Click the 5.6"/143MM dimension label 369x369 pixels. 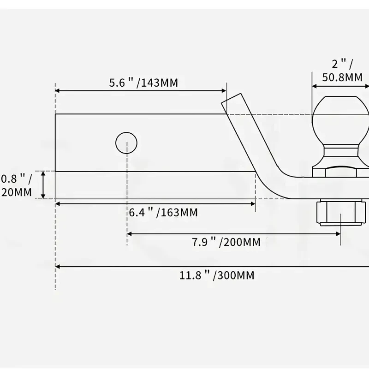(x=143, y=83)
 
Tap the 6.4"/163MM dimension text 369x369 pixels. (x=163, y=213)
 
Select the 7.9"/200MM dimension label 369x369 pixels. (x=226, y=242)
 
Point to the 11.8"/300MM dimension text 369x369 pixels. (x=217, y=276)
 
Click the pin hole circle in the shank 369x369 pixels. (x=127, y=143)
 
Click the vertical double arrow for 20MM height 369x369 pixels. (x=44, y=184)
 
